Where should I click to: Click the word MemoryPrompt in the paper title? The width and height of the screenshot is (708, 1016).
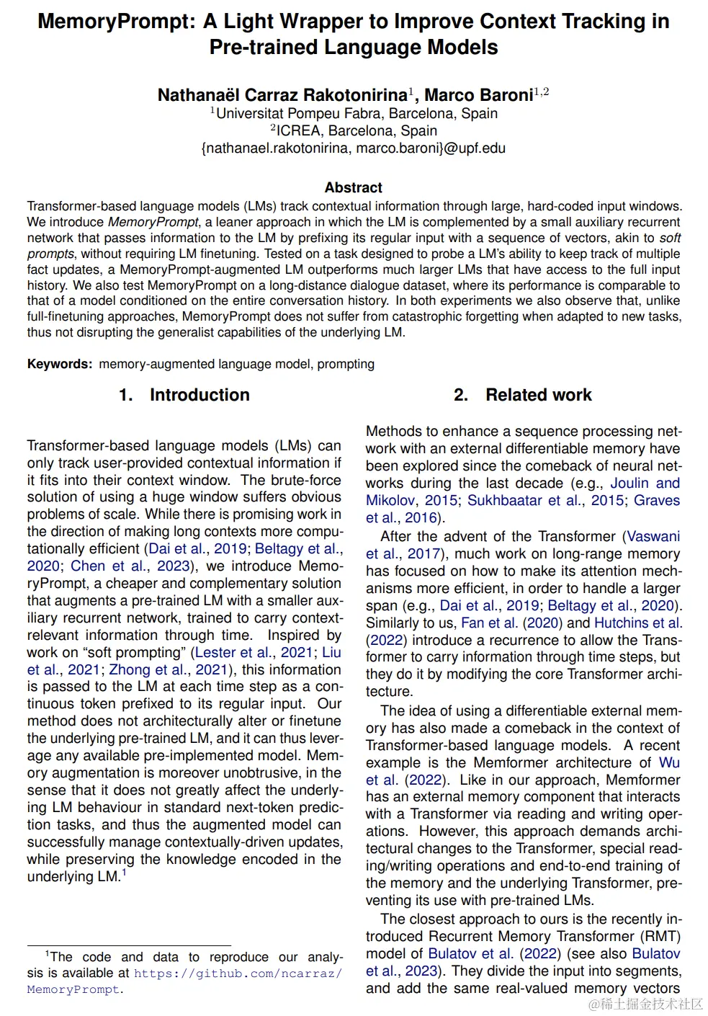pyautogui.click(x=115, y=22)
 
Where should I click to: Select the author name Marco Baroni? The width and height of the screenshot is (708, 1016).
pyautogui.click(x=478, y=95)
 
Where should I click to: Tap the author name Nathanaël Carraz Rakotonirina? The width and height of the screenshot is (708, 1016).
pyautogui.click(x=282, y=95)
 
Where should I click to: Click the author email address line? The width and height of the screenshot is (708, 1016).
pyautogui.click(x=353, y=148)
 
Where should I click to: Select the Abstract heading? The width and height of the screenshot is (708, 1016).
pyautogui.click(x=353, y=187)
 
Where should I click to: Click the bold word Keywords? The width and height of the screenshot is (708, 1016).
pyautogui.click(x=60, y=364)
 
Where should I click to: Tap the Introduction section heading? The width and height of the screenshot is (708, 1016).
pyautogui.click(x=200, y=395)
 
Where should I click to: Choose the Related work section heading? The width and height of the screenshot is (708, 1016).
pyautogui.click(x=538, y=395)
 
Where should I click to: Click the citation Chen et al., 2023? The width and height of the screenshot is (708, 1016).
pyautogui.click(x=130, y=566)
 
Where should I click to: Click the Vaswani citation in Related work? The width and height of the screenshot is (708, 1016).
pyautogui.click(x=653, y=537)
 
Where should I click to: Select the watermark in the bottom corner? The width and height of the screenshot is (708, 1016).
pyautogui.click(x=645, y=1004)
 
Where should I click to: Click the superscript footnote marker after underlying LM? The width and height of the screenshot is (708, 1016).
pyautogui.click(x=124, y=873)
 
